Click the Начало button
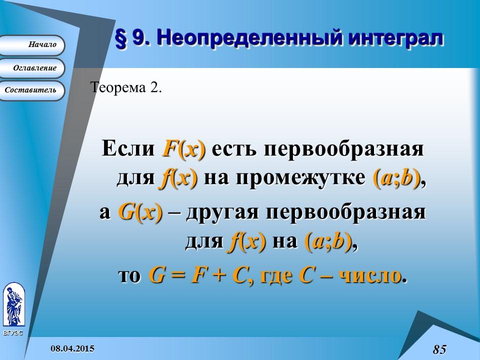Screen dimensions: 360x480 [x=33, y=45]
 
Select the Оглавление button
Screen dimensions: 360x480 [x=33, y=68]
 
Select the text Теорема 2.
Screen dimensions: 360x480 [x=126, y=87]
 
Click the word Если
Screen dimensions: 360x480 [x=129, y=149]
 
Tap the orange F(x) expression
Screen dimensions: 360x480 [x=183, y=149]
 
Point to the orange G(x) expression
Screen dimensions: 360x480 [x=140, y=212]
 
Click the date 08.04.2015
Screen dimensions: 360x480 [x=73, y=347]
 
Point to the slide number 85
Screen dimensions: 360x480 [x=439, y=349]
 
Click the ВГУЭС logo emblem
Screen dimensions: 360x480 [x=13, y=304]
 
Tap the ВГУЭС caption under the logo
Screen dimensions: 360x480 [x=12, y=332]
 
